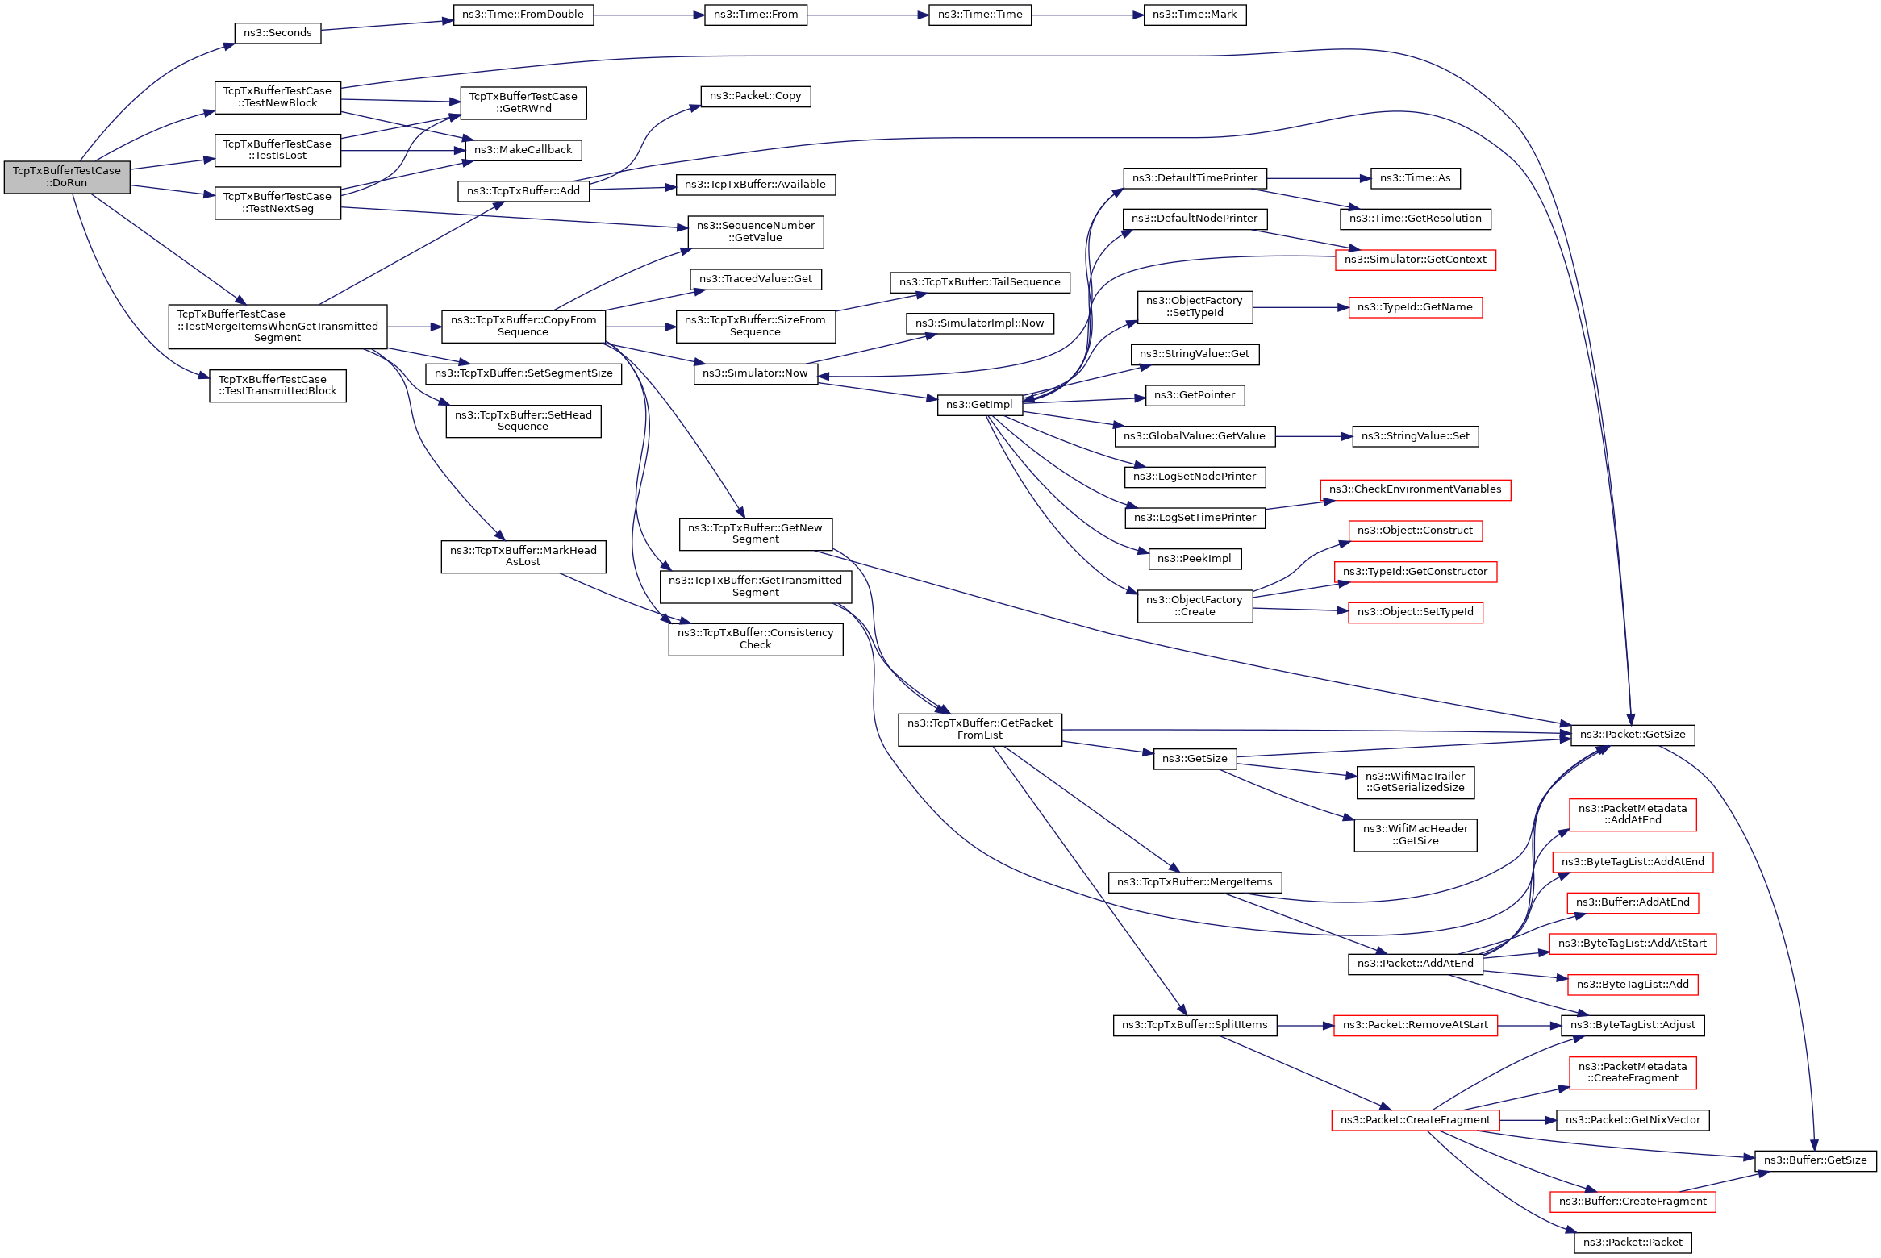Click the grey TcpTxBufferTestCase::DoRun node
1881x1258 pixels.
tap(67, 177)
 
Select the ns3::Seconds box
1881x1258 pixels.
tap(277, 33)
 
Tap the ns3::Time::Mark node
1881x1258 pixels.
tap(1194, 15)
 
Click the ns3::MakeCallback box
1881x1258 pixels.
tap(523, 150)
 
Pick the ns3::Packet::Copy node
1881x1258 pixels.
tap(755, 96)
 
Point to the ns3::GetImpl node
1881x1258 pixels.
tap(979, 405)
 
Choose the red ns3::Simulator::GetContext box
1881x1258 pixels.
tap(1415, 260)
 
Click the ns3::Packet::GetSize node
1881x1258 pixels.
tap(1632, 735)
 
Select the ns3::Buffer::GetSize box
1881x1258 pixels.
tap(1815, 1160)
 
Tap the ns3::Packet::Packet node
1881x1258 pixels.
tap(1632, 1243)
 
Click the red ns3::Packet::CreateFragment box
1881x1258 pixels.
tap(1415, 1120)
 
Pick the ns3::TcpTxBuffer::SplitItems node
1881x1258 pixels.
tap(1194, 1025)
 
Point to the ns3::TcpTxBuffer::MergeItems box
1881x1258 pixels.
tap(1194, 882)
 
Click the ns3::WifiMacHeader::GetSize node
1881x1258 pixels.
tap(1415, 835)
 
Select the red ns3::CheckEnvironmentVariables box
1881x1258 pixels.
tap(1415, 489)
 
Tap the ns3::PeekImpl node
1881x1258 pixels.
tap(1194, 559)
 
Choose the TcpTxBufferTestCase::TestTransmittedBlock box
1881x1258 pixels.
tap(277, 385)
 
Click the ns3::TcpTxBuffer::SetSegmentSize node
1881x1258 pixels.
tap(523, 373)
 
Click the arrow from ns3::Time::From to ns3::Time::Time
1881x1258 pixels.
tap(867, 15)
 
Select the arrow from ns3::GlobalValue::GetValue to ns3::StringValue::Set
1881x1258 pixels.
tap(1313, 436)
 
